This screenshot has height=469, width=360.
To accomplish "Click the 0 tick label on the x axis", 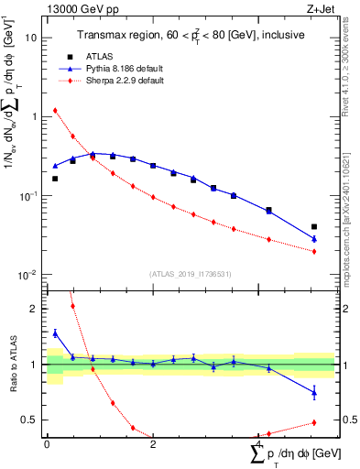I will click(x=47, y=443).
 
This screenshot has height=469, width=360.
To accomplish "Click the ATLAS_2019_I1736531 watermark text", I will click(x=191, y=274).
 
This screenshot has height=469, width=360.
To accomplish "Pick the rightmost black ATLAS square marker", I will click(x=314, y=226).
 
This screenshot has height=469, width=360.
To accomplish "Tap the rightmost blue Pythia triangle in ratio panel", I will click(x=314, y=393).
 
